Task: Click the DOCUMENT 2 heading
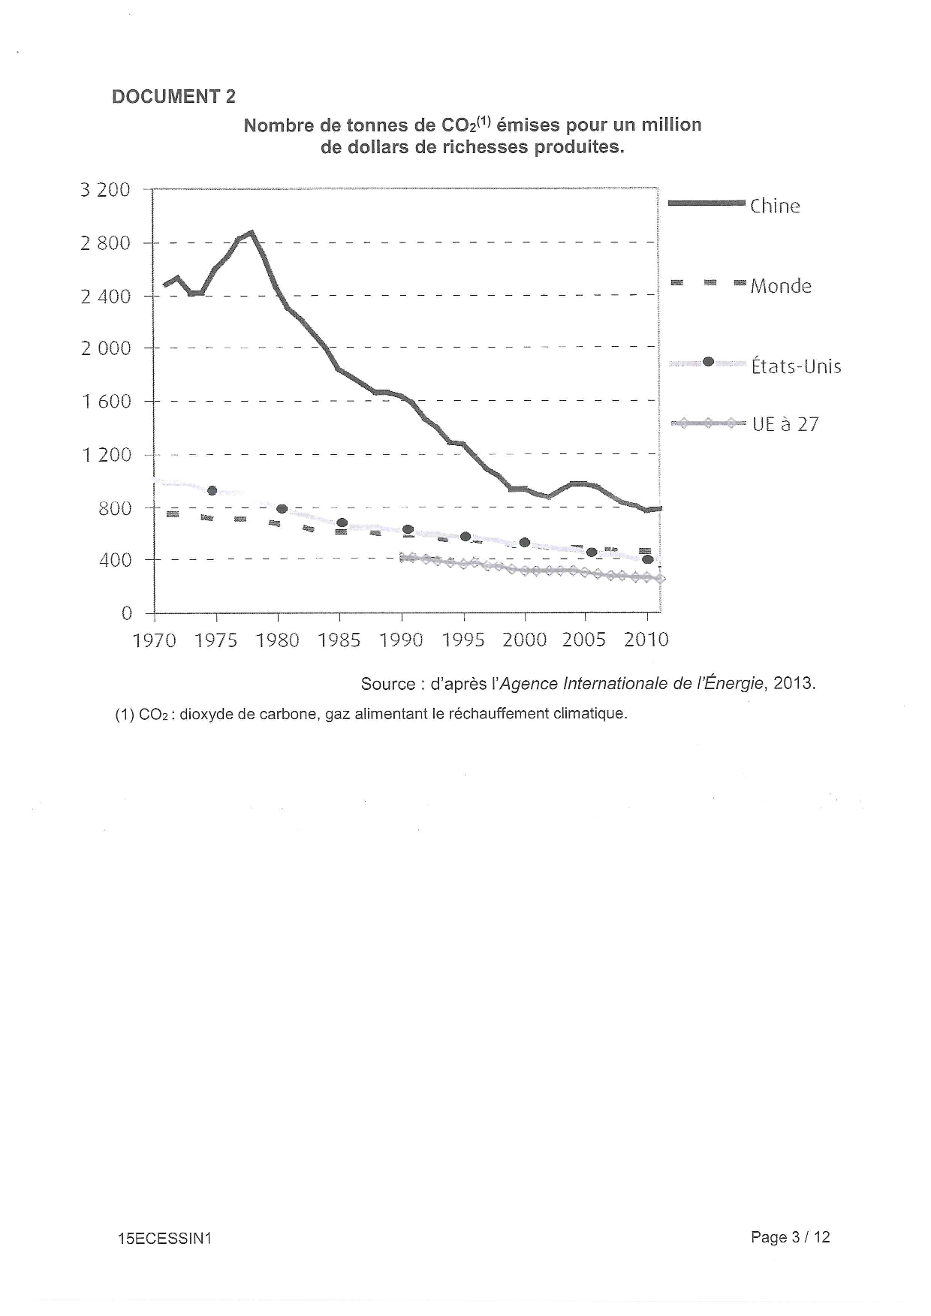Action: point(173,97)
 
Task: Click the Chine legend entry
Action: point(774,206)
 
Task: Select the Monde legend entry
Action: point(780,286)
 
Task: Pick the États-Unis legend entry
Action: point(796,366)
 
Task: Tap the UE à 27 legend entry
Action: point(785,425)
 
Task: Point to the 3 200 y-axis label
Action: point(105,190)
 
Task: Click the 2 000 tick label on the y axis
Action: point(105,348)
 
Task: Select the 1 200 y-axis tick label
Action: point(105,455)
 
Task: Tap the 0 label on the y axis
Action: point(126,614)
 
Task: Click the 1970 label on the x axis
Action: point(154,640)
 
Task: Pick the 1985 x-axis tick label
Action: point(339,640)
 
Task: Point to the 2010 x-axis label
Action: point(646,640)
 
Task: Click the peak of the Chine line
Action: point(252,233)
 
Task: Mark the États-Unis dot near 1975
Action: point(212,491)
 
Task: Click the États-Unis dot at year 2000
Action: point(525,543)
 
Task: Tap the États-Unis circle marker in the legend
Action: point(707,362)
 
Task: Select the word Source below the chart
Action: point(387,684)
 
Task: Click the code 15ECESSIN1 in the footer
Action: point(164,1239)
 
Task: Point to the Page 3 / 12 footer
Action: point(790,1237)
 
